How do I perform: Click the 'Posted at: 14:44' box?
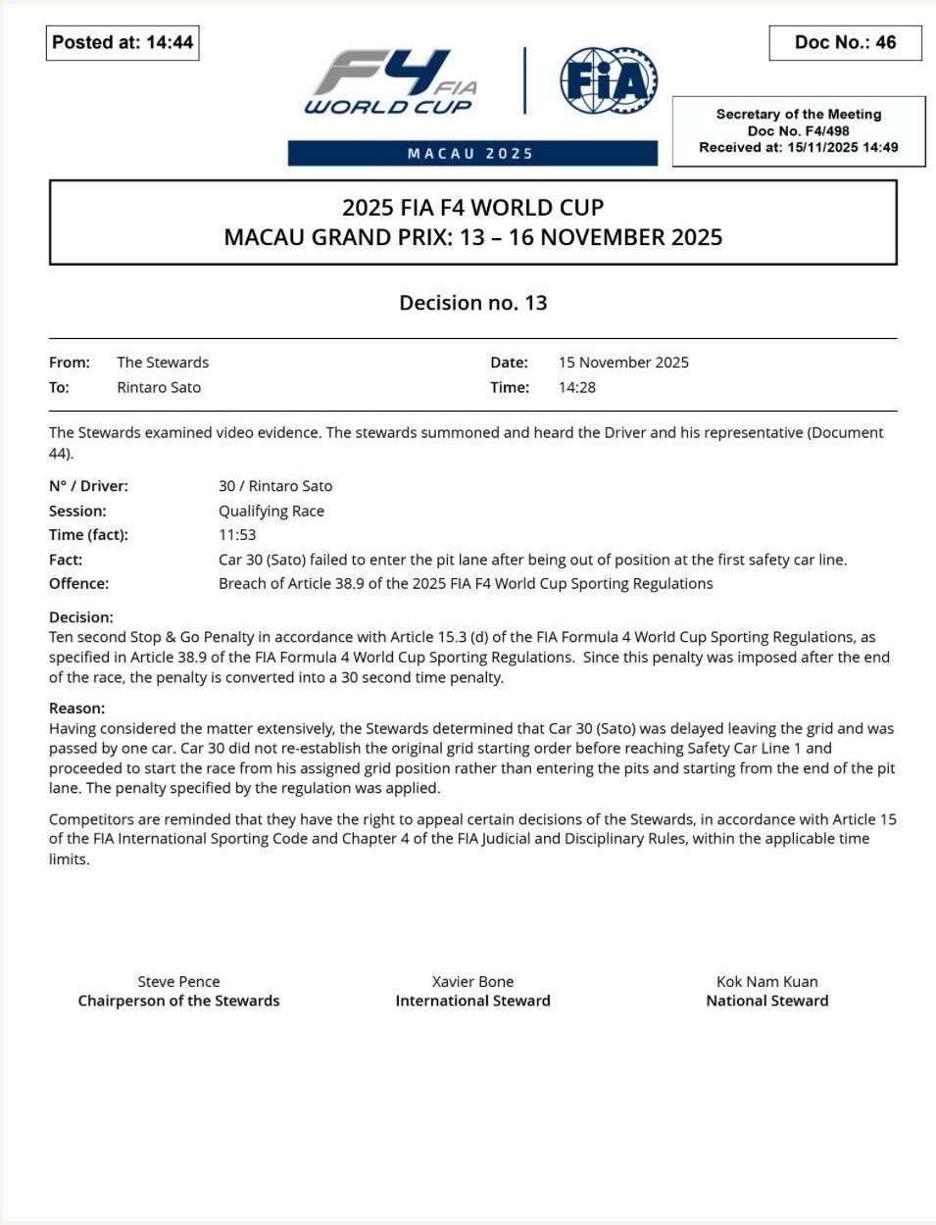[123, 42]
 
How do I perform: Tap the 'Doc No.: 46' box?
[845, 42]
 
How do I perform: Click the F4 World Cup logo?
[392, 82]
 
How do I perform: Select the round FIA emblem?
[608, 80]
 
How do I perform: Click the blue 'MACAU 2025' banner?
[471, 154]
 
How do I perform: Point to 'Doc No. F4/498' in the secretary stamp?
[798, 130]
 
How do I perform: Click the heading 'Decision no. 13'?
[472, 303]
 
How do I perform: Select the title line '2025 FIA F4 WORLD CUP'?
[472, 208]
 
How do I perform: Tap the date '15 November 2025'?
[623, 363]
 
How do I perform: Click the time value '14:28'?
[577, 387]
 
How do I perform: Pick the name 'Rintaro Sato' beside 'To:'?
[159, 387]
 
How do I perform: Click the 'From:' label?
[70, 363]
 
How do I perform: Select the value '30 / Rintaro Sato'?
[275, 486]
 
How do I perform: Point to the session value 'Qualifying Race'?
[271, 511]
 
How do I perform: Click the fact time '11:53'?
[237, 535]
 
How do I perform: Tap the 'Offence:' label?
[79, 584]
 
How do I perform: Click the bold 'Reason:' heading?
[77, 709]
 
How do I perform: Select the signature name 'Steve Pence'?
[178, 982]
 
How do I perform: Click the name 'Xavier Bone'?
[472, 982]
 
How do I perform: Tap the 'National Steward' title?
[767, 1002]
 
